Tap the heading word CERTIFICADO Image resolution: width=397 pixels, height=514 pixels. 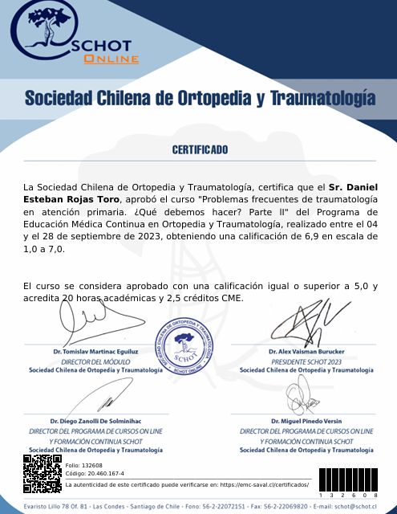click(x=199, y=149)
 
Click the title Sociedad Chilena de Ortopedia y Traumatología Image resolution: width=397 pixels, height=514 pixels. click(x=199, y=98)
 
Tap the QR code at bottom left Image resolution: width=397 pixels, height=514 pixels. click(x=42, y=474)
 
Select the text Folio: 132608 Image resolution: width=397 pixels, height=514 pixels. click(x=83, y=466)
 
